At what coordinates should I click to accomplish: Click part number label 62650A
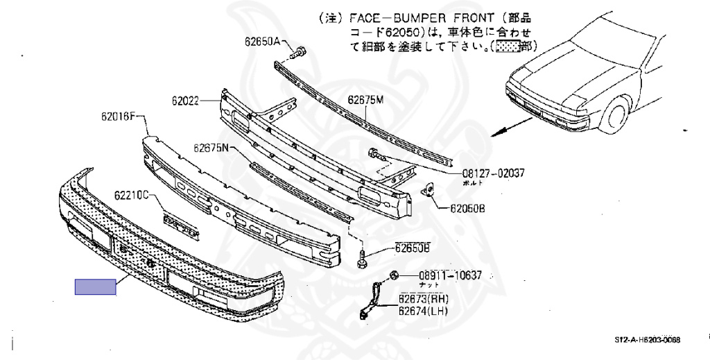pos(261,42)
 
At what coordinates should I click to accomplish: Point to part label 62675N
pos(211,148)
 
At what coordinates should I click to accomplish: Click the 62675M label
pos(365,100)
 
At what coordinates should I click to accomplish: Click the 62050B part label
pos(467,207)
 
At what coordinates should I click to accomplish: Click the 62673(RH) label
pos(423,299)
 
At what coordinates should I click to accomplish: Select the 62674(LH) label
pos(423,312)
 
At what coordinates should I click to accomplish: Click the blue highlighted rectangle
pos(96,286)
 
